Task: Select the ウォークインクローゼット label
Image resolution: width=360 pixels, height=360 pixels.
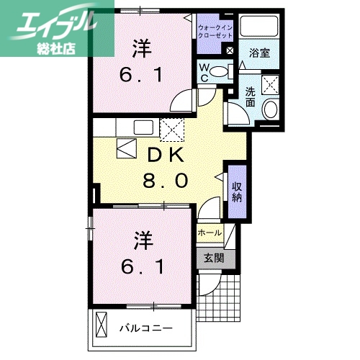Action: [x=214, y=32]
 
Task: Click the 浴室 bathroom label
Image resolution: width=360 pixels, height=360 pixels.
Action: [x=260, y=53]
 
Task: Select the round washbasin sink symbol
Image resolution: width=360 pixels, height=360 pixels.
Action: [x=272, y=109]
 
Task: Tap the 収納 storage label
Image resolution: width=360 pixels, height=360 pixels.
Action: [x=236, y=191]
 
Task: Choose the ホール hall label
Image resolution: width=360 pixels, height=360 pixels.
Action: [x=210, y=233]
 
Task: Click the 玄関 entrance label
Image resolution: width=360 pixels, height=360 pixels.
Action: [x=214, y=258]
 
